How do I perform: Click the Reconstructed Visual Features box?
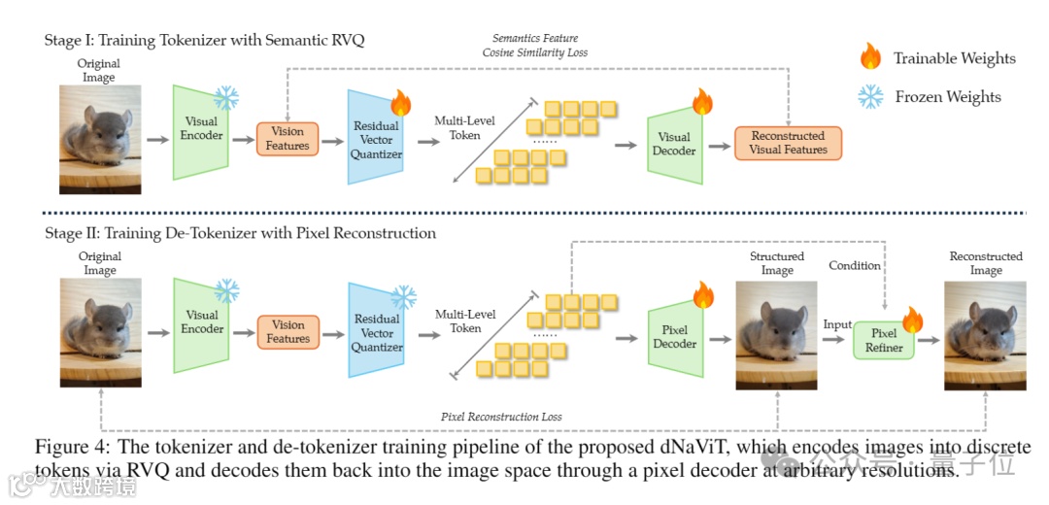[788, 143]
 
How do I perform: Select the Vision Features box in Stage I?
[288, 139]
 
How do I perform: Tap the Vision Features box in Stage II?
[288, 332]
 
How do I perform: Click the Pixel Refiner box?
[884, 341]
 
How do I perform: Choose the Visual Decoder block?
[674, 143]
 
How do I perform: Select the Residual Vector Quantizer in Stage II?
[376, 332]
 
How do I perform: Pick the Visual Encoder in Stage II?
[201, 322]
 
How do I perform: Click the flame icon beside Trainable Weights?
[870, 57]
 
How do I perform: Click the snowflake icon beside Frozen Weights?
[870, 96]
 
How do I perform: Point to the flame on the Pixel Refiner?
[912, 319]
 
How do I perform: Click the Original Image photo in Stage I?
[100, 139]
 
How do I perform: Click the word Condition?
[855, 265]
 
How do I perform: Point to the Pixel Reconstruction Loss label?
[501, 417]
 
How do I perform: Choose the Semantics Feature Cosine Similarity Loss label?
[535, 45]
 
